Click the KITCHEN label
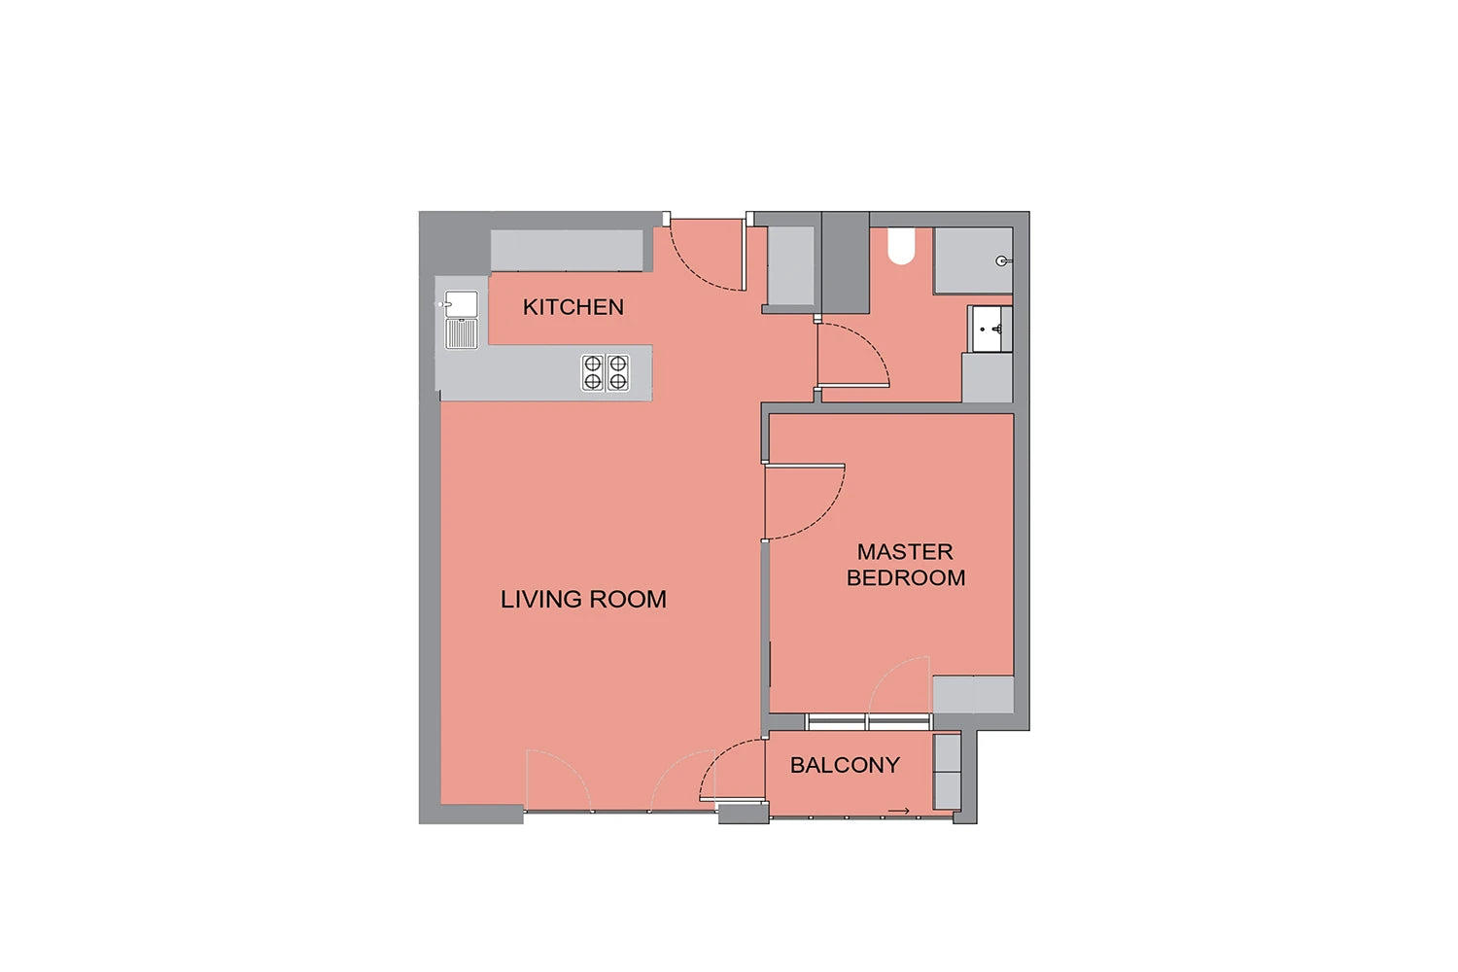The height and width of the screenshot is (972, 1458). tap(573, 306)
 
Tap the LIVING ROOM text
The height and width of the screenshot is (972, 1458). tap(583, 599)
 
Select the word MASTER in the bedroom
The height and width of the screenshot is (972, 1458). tap(905, 551)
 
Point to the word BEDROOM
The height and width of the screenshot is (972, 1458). tap(905, 577)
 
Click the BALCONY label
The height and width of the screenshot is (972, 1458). tap(845, 765)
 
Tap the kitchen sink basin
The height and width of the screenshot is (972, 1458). tap(462, 304)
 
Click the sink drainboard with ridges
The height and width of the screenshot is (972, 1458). tap(462, 333)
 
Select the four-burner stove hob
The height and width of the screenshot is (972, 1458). tap(606, 372)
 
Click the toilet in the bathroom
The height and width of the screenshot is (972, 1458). tap(901, 246)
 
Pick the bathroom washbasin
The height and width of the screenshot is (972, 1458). tap(989, 329)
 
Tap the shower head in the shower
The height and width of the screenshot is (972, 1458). tap(1003, 261)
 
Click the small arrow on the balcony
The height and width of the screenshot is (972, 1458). tap(899, 811)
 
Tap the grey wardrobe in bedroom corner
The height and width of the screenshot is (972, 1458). tap(973, 694)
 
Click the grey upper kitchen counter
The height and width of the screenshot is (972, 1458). tap(567, 250)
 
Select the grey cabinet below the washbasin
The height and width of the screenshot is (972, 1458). tap(987, 377)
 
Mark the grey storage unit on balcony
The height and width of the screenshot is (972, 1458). tap(947, 772)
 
